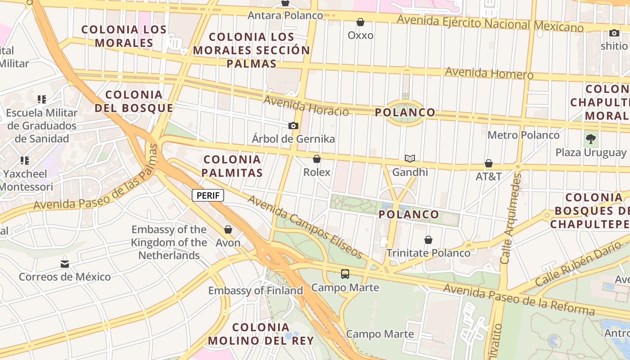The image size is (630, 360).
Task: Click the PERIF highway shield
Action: point(208,195)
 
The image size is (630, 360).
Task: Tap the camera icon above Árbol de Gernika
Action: point(293,126)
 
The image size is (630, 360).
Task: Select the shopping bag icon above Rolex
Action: point(317,159)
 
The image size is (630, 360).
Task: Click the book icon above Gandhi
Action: point(409,158)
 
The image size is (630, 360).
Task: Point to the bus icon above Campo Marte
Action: point(345,274)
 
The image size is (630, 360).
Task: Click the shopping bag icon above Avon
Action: point(228,229)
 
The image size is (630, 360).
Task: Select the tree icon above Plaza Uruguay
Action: point(591,139)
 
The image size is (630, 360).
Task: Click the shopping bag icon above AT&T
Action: point(489,163)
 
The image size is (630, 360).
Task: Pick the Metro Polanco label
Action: point(523,135)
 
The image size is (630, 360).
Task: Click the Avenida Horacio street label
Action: point(306,106)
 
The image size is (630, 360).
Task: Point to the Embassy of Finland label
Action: point(256,291)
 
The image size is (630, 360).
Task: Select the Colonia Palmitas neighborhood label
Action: point(232,166)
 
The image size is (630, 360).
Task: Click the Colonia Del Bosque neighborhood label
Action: point(134,101)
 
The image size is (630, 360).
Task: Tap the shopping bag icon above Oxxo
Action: point(360,22)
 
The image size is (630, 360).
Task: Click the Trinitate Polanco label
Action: point(428,253)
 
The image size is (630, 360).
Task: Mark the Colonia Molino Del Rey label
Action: point(261,334)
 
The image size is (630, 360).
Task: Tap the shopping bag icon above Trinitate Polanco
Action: point(428,240)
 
